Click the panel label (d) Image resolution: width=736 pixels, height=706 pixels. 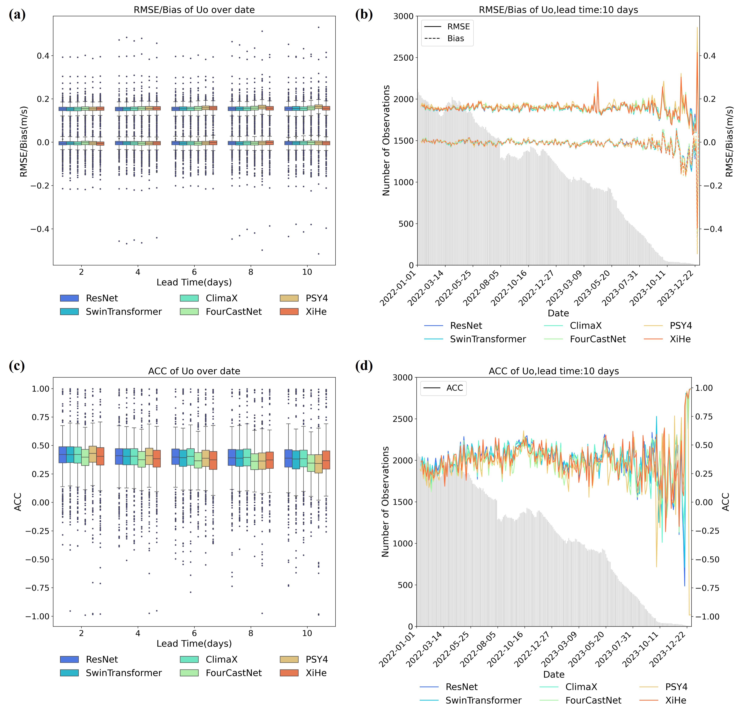[x=363, y=366]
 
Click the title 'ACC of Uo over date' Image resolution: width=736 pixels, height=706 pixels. [x=194, y=371]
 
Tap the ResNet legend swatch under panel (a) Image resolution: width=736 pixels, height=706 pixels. [x=69, y=298]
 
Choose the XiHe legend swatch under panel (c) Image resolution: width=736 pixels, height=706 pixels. [x=289, y=673]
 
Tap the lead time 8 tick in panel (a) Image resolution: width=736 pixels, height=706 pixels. [x=251, y=272]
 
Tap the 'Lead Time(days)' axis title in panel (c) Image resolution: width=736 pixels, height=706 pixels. [x=194, y=644]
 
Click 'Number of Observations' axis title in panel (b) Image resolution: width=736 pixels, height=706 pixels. [x=386, y=140]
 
